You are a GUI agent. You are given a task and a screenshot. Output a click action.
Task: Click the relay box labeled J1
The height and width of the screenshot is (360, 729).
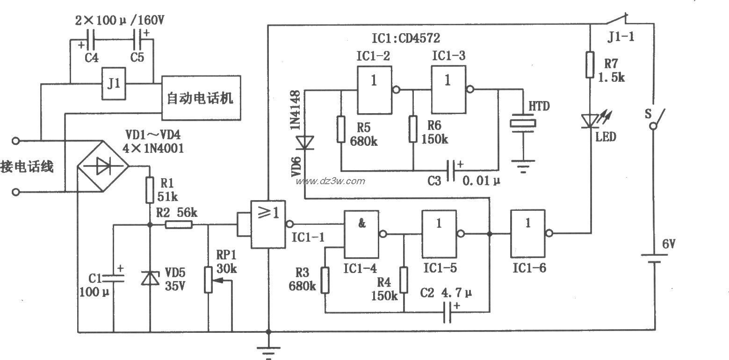tap(114, 84)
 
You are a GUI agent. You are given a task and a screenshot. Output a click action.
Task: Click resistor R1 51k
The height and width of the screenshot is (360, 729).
tap(150, 189)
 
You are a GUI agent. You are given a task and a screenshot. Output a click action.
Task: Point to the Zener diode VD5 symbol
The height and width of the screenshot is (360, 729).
tap(150, 279)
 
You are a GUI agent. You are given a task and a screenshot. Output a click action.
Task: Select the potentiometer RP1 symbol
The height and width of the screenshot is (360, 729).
tap(209, 280)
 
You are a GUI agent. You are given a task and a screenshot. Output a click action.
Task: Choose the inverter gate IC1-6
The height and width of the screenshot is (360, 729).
tap(528, 233)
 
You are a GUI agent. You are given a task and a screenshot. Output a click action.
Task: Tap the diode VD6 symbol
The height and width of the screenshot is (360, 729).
tap(305, 140)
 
